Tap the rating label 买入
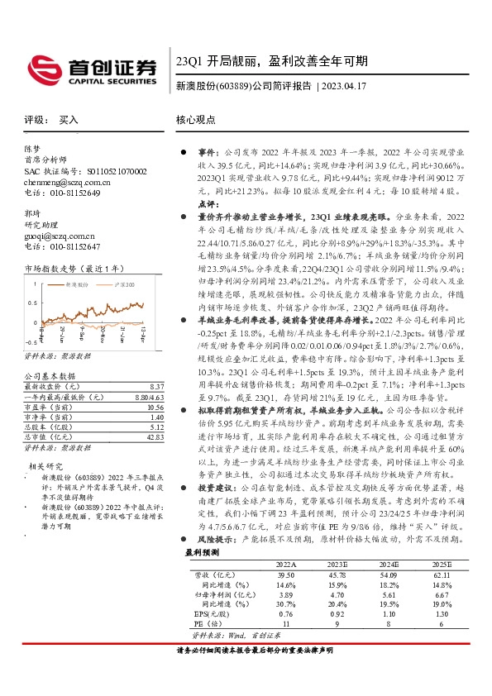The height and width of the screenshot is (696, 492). tap(69, 120)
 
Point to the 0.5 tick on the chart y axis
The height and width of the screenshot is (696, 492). tap(31, 303)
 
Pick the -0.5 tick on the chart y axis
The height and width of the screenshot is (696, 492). tap(31, 340)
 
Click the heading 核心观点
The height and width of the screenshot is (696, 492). tap(194, 120)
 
